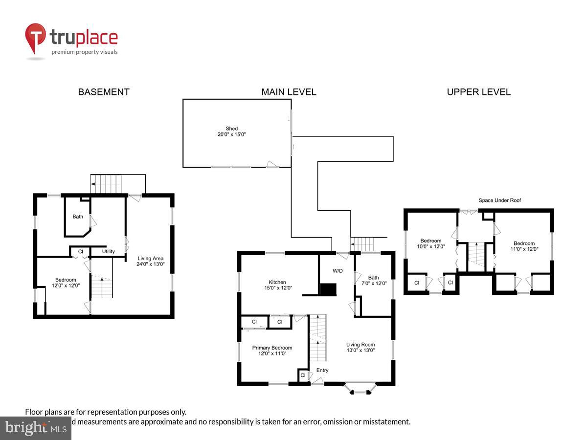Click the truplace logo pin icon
[36, 38]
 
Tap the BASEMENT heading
[104, 92]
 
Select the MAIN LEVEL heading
[289, 92]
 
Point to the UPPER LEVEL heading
[478, 92]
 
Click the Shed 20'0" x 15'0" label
[232, 132]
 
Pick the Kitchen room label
[277, 285]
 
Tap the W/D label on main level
[338, 270]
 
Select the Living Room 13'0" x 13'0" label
[361, 347]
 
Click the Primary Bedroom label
[272, 351]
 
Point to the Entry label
[322, 370]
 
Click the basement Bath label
[78, 217]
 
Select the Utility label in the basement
[109, 252]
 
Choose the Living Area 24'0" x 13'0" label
[150, 261]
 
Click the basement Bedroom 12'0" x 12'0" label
[66, 283]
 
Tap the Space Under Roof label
[499, 200]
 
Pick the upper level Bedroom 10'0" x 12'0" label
[431, 243]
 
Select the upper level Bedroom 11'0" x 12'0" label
[524, 246]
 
